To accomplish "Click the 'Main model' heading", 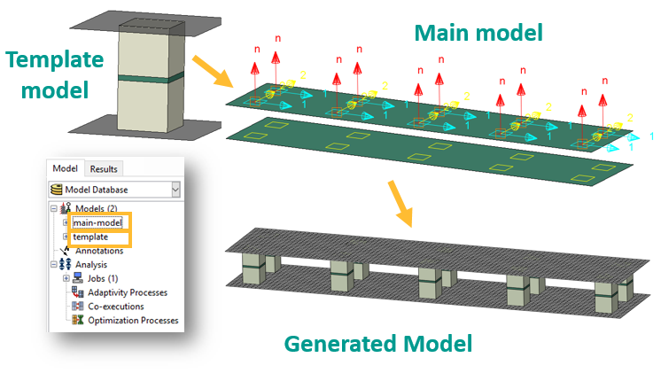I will point(479,34).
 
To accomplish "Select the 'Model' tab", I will point(65,169).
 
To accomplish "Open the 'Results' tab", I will point(104,169).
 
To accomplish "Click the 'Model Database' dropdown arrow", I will point(175,189).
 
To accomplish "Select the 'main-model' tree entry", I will point(97,222).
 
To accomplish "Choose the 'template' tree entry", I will point(90,237).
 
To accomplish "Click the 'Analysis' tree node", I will point(93,264).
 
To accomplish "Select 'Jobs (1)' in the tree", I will point(103,278).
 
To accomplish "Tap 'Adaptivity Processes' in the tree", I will point(127,292).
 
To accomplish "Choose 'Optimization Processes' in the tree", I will point(132,321).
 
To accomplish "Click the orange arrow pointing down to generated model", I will point(402,203).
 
